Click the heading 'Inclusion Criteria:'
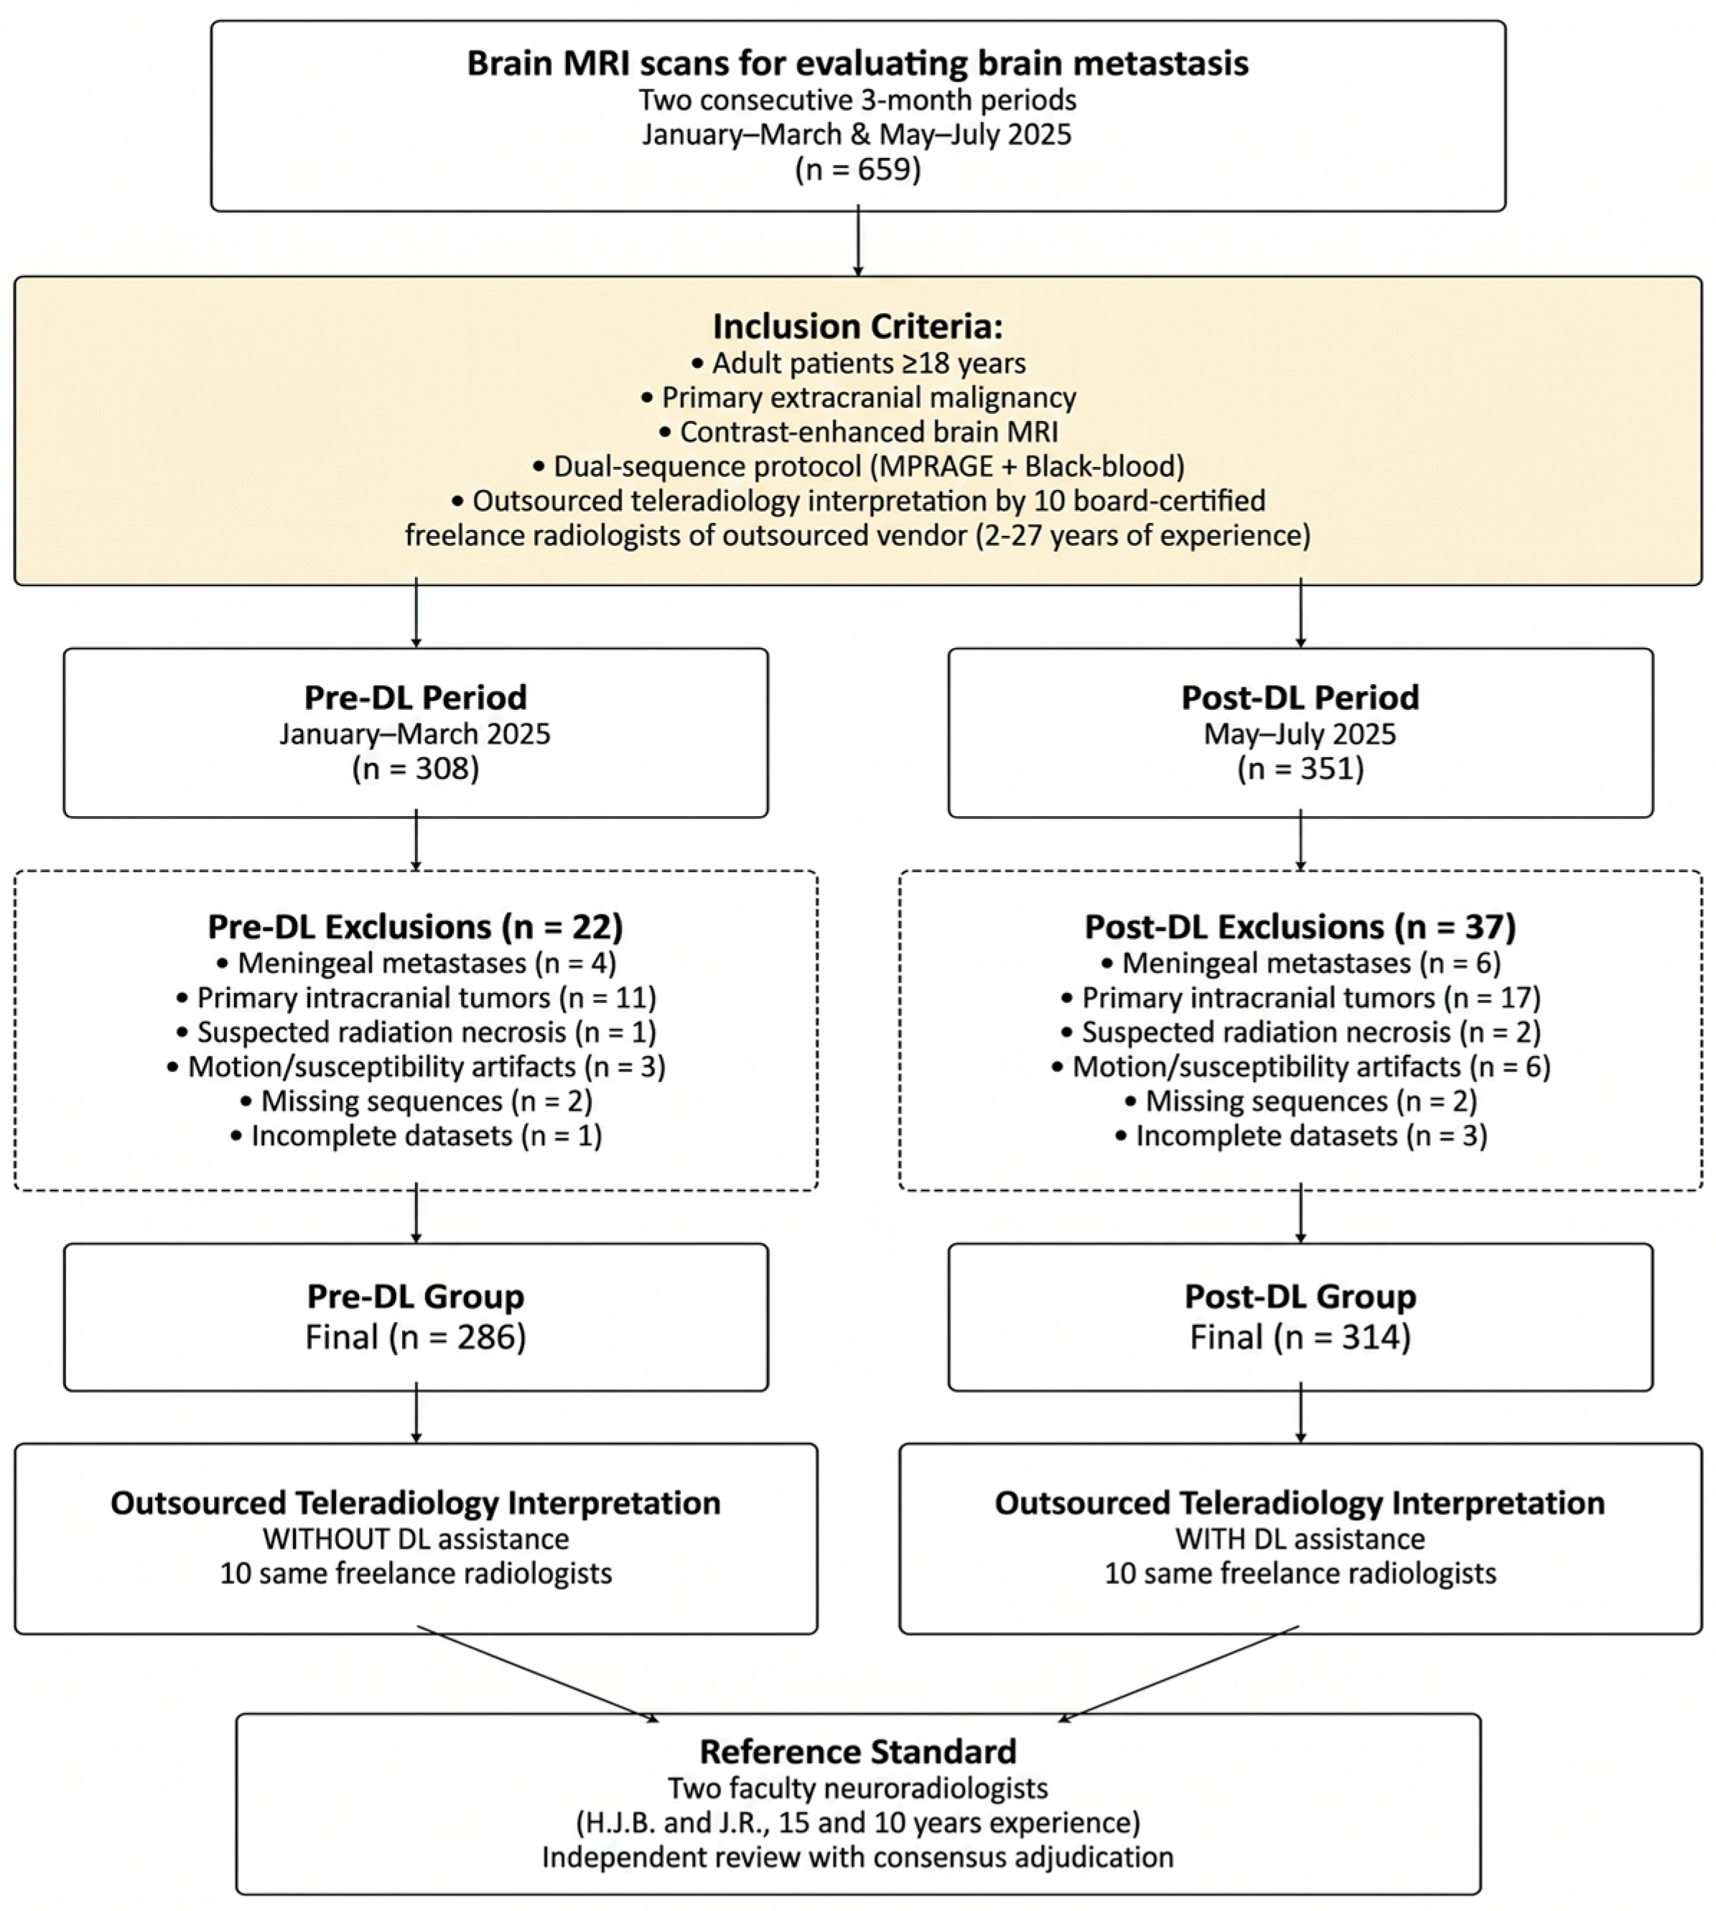857,326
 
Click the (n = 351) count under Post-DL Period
1300,769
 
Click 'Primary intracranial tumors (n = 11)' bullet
416,998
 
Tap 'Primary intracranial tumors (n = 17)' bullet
1300,998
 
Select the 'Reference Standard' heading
858,1752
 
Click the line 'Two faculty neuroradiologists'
858,1787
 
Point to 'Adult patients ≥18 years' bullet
858,363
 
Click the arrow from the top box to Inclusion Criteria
858,244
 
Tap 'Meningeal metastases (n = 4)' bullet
416,963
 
